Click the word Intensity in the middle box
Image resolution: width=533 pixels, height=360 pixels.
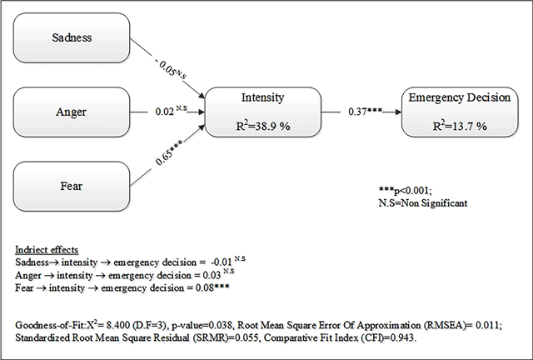[262, 97]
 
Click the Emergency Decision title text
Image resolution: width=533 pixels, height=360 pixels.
[459, 97]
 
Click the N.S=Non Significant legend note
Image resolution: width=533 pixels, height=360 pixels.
[422, 203]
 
